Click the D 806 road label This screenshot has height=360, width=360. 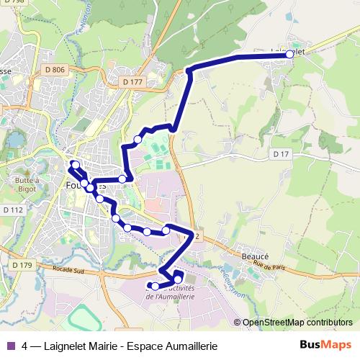click(x=54, y=69)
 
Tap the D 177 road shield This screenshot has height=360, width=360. click(x=133, y=82)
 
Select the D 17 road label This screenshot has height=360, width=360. click(x=280, y=154)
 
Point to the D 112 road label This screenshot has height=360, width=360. click(x=13, y=210)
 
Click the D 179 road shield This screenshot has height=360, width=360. click(x=22, y=265)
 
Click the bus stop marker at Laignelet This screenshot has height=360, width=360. click(x=289, y=54)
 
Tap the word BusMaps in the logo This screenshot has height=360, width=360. click(x=326, y=345)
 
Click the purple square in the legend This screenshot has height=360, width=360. click(x=9, y=345)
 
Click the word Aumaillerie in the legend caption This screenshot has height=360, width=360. click(x=189, y=345)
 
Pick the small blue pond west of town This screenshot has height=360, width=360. click(x=15, y=139)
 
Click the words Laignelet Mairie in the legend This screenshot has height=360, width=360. click(x=82, y=345)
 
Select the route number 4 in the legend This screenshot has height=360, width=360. click(x=25, y=345)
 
